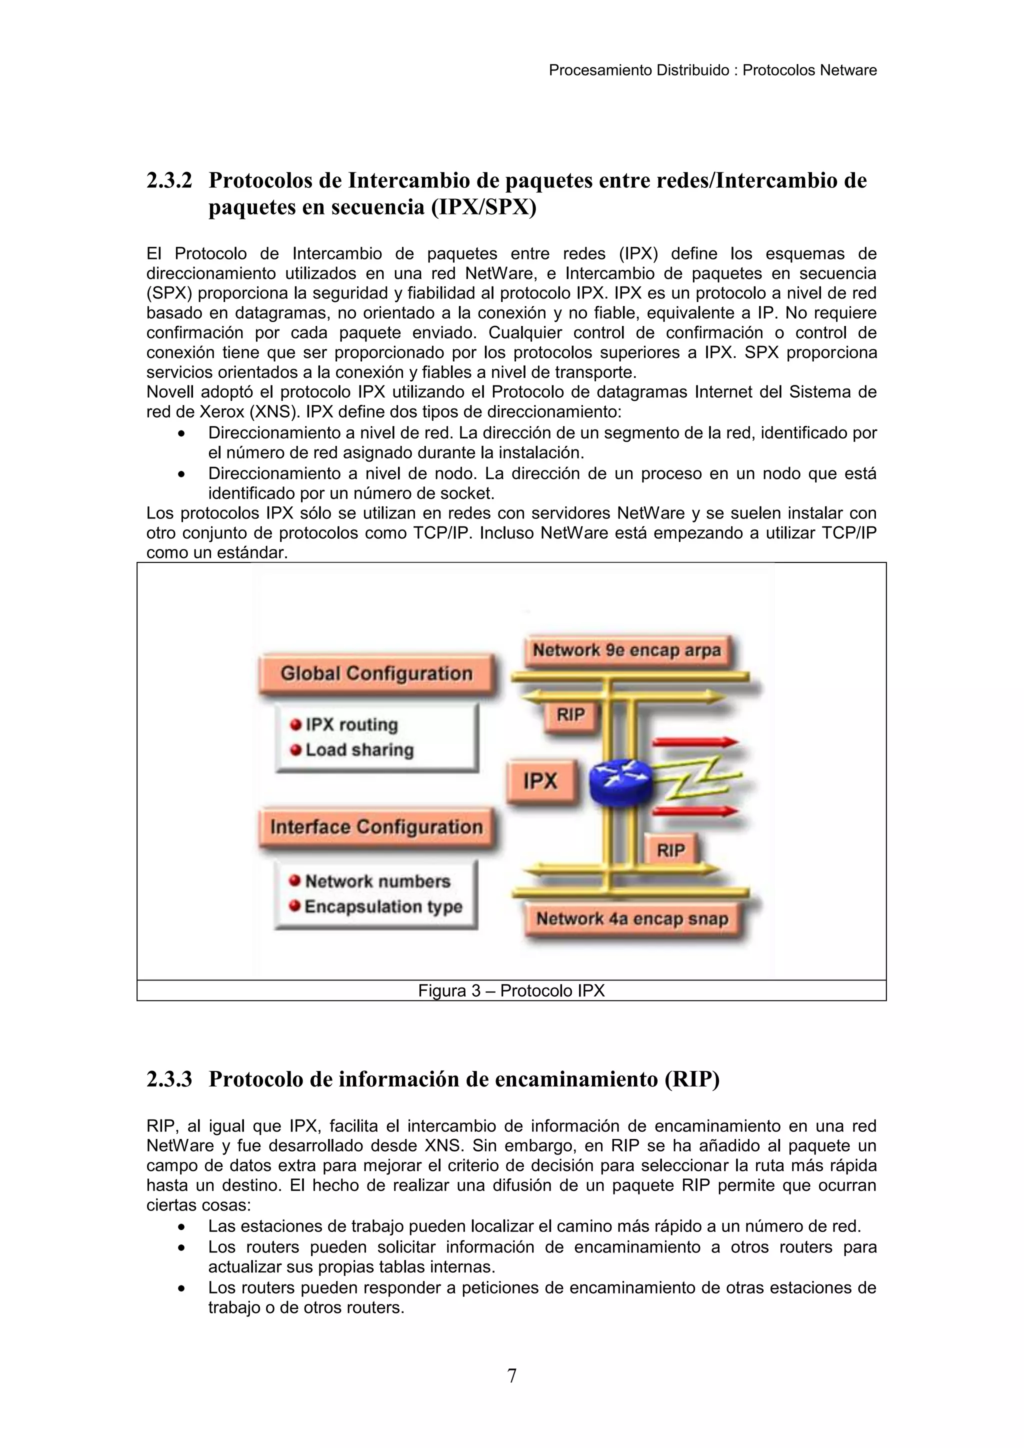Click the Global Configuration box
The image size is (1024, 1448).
pos(376,673)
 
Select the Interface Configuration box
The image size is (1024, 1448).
pos(376,827)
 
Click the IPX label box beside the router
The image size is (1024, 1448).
pos(541,781)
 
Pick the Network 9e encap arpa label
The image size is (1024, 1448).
pos(627,650)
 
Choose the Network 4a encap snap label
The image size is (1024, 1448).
pos(632,919)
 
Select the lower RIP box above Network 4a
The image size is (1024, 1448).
pos(670,850)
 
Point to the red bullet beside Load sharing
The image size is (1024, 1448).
pos(295,750)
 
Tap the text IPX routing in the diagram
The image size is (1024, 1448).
pos(352,724)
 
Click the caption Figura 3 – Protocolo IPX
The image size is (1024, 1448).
pos(511,991)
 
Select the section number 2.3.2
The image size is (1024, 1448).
pos(169,181)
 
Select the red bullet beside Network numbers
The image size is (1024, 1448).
pos(294,880)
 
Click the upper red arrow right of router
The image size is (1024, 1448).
pos(695,742)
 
